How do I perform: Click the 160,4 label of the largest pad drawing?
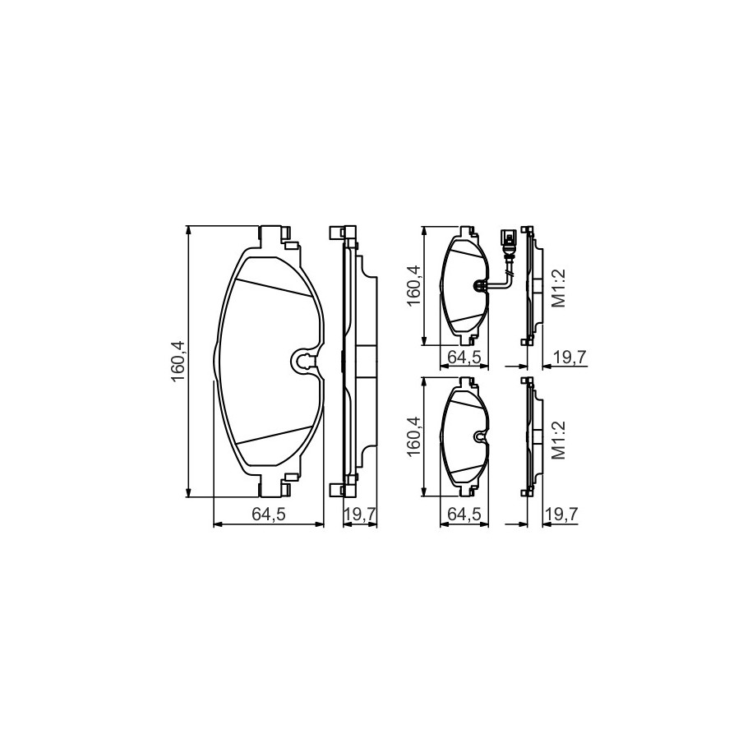pos(178,361)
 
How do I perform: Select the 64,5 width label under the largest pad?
pos(269,514)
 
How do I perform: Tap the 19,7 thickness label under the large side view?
pos(360,514)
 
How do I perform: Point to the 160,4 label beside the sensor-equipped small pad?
pos(413,285)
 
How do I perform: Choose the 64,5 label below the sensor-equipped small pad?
pos(464,357)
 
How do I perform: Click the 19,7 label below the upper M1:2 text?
pos(570,357)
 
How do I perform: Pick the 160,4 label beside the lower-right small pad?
pos(413,436)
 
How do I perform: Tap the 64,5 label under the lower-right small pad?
pos(464,514)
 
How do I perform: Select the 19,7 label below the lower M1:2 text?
pos(561,514)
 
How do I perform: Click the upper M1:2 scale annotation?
pos(559,288)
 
